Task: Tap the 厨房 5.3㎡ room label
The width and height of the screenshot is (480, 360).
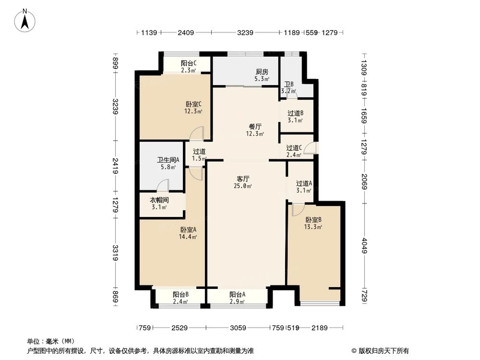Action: pos(262,76)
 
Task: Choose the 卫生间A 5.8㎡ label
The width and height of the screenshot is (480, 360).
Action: pos(168,164)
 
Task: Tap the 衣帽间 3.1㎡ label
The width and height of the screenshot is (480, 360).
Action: pos(159,204)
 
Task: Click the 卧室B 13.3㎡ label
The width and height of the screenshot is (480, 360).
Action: pos(313,223)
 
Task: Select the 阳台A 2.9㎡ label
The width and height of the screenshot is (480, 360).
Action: pos(237,298)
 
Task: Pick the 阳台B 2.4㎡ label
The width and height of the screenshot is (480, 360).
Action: pos(180,298)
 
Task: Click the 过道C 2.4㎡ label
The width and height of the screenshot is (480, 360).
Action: pos(294,151)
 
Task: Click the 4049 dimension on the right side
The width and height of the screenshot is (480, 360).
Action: pos(364,245)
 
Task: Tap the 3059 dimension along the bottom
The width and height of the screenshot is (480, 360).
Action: pos(238,328)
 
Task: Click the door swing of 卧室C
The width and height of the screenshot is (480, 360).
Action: pos(198,134)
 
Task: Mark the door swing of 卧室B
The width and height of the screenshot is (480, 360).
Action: pos(297,209)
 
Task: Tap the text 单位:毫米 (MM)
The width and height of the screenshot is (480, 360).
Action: pos(48,341)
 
